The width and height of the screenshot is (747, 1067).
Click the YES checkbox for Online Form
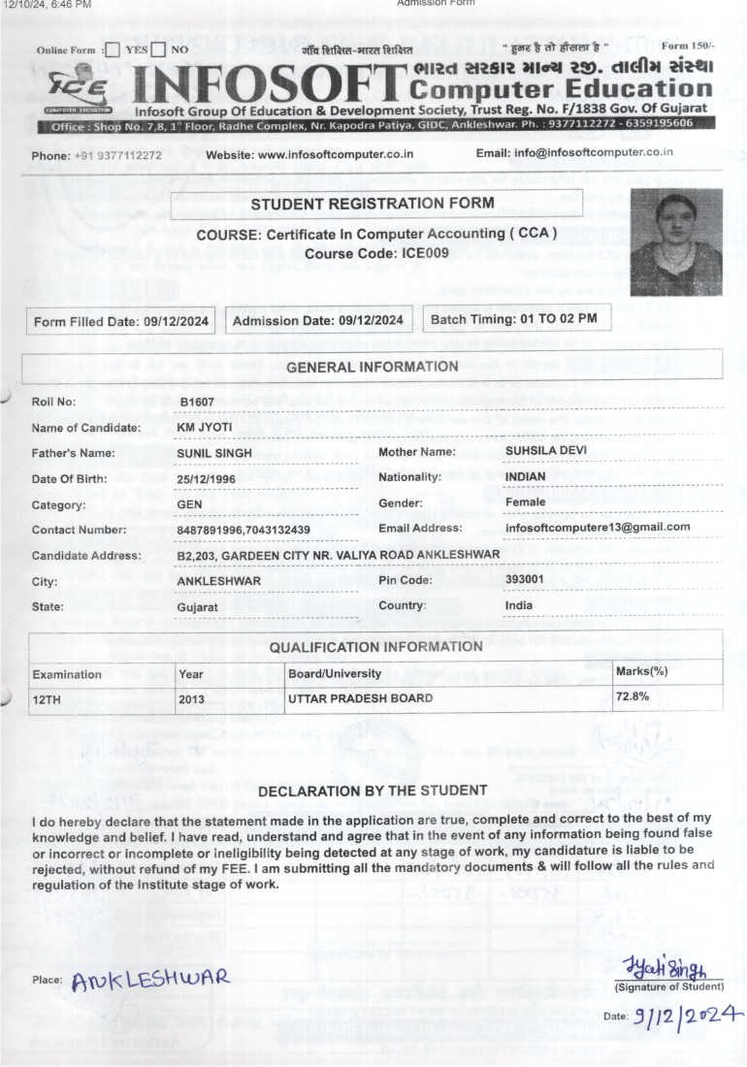(x=113, y=49)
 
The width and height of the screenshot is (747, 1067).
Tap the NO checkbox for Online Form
(x=160, y=49)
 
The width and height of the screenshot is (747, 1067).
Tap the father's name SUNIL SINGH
(x=214, y=453)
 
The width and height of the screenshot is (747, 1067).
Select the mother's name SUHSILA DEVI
(x=546, y=451)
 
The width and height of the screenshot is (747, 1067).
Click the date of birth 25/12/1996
(x=208, y=479)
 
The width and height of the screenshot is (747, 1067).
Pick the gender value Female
(x=526, y=502)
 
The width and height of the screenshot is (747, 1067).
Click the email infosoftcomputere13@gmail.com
(x=598, y=527)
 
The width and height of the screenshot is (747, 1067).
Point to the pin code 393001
(x=525, y=578)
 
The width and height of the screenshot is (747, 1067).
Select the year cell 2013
(x=191, y=697)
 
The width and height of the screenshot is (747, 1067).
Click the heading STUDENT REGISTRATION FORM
(x=373, y=204)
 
